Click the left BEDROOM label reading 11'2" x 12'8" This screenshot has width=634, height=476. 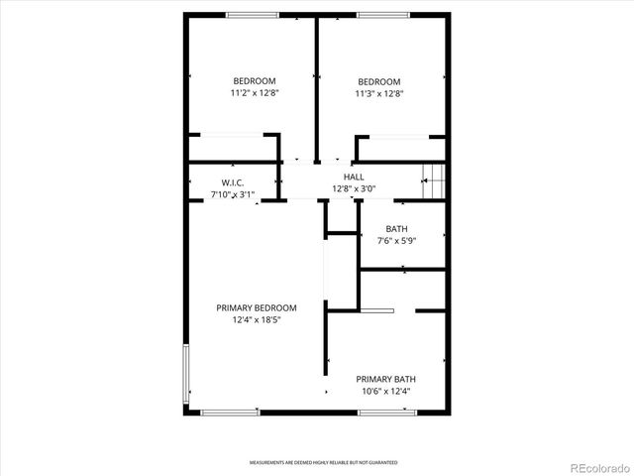pyautogui.click(x=255, y=94)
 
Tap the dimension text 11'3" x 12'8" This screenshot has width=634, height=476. pyautogui.click(x=379, y=94)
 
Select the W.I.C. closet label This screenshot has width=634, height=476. pyautogui.click(x=233, y=182)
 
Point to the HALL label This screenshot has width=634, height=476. pyautogui.click(x=354, y=177)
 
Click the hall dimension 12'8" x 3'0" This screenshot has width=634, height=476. pyautogui.click(x=354, y=189)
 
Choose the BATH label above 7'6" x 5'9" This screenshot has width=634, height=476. pyautogui.click(x=396, y=229)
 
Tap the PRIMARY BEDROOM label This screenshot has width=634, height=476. pyautogui.click(x=257, y=308)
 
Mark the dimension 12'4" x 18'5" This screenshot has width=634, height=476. pyautogui.click(x=257, y=320)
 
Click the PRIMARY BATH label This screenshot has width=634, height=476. pyautogui.click(x=386, y=379)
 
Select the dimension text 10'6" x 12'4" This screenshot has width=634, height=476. pyautogui.click(x=386, y=392)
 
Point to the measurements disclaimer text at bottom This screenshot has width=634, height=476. pyautogui.click(x=323, y=463)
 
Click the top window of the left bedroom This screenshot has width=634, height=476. pyautogui.click(x=252, y=14)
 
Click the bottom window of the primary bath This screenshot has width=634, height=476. pyautogui.click(x=385, y=413)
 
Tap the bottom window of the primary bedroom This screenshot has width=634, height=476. pyautogui.click(x=230, y=413)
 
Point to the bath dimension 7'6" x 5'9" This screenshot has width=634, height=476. pyautogui.click(x=396, y=241)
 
